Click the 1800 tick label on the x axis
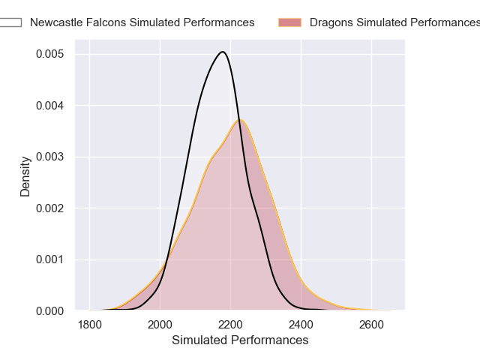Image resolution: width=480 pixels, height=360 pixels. [89, 324]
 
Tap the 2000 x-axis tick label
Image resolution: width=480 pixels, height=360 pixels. [160, 324]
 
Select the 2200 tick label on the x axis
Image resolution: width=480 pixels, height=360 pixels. [230, 324]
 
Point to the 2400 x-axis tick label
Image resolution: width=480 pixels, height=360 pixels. [301, 324]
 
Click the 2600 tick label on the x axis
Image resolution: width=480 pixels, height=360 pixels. [371, 324]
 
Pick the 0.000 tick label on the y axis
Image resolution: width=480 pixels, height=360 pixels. [50, 310]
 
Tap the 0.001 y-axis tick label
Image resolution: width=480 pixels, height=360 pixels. [50, 259]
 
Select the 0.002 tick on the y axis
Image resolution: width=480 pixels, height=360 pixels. [50, 208]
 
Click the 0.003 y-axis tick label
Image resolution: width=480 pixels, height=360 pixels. [50, 157]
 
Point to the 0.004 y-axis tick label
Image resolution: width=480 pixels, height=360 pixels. [50, 106]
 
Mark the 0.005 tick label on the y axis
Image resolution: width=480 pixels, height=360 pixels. [50, 55]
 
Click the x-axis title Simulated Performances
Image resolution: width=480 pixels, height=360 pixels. [240, 340]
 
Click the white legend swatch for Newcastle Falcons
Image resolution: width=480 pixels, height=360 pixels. [10, 22]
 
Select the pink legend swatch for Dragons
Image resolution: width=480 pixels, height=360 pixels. [289, 22]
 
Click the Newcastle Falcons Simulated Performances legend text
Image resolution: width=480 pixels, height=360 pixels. [142, 22]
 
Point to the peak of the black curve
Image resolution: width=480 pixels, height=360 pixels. [222, 52]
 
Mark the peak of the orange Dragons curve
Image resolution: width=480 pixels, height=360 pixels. [240, 120]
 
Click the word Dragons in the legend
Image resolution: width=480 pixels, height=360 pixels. [331, 22]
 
